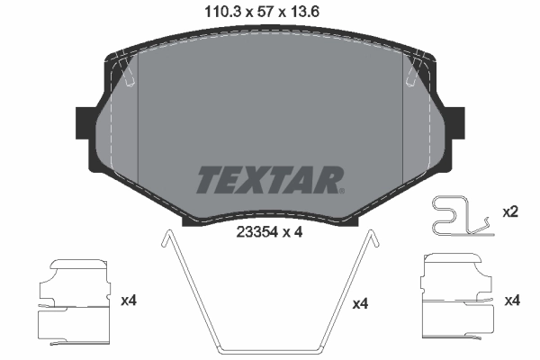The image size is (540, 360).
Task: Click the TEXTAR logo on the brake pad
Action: point(267,180)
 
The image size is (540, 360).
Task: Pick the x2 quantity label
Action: point(510,212)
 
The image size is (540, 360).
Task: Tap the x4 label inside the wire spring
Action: point(360,304)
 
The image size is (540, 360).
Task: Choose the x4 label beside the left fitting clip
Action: point(129,296)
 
